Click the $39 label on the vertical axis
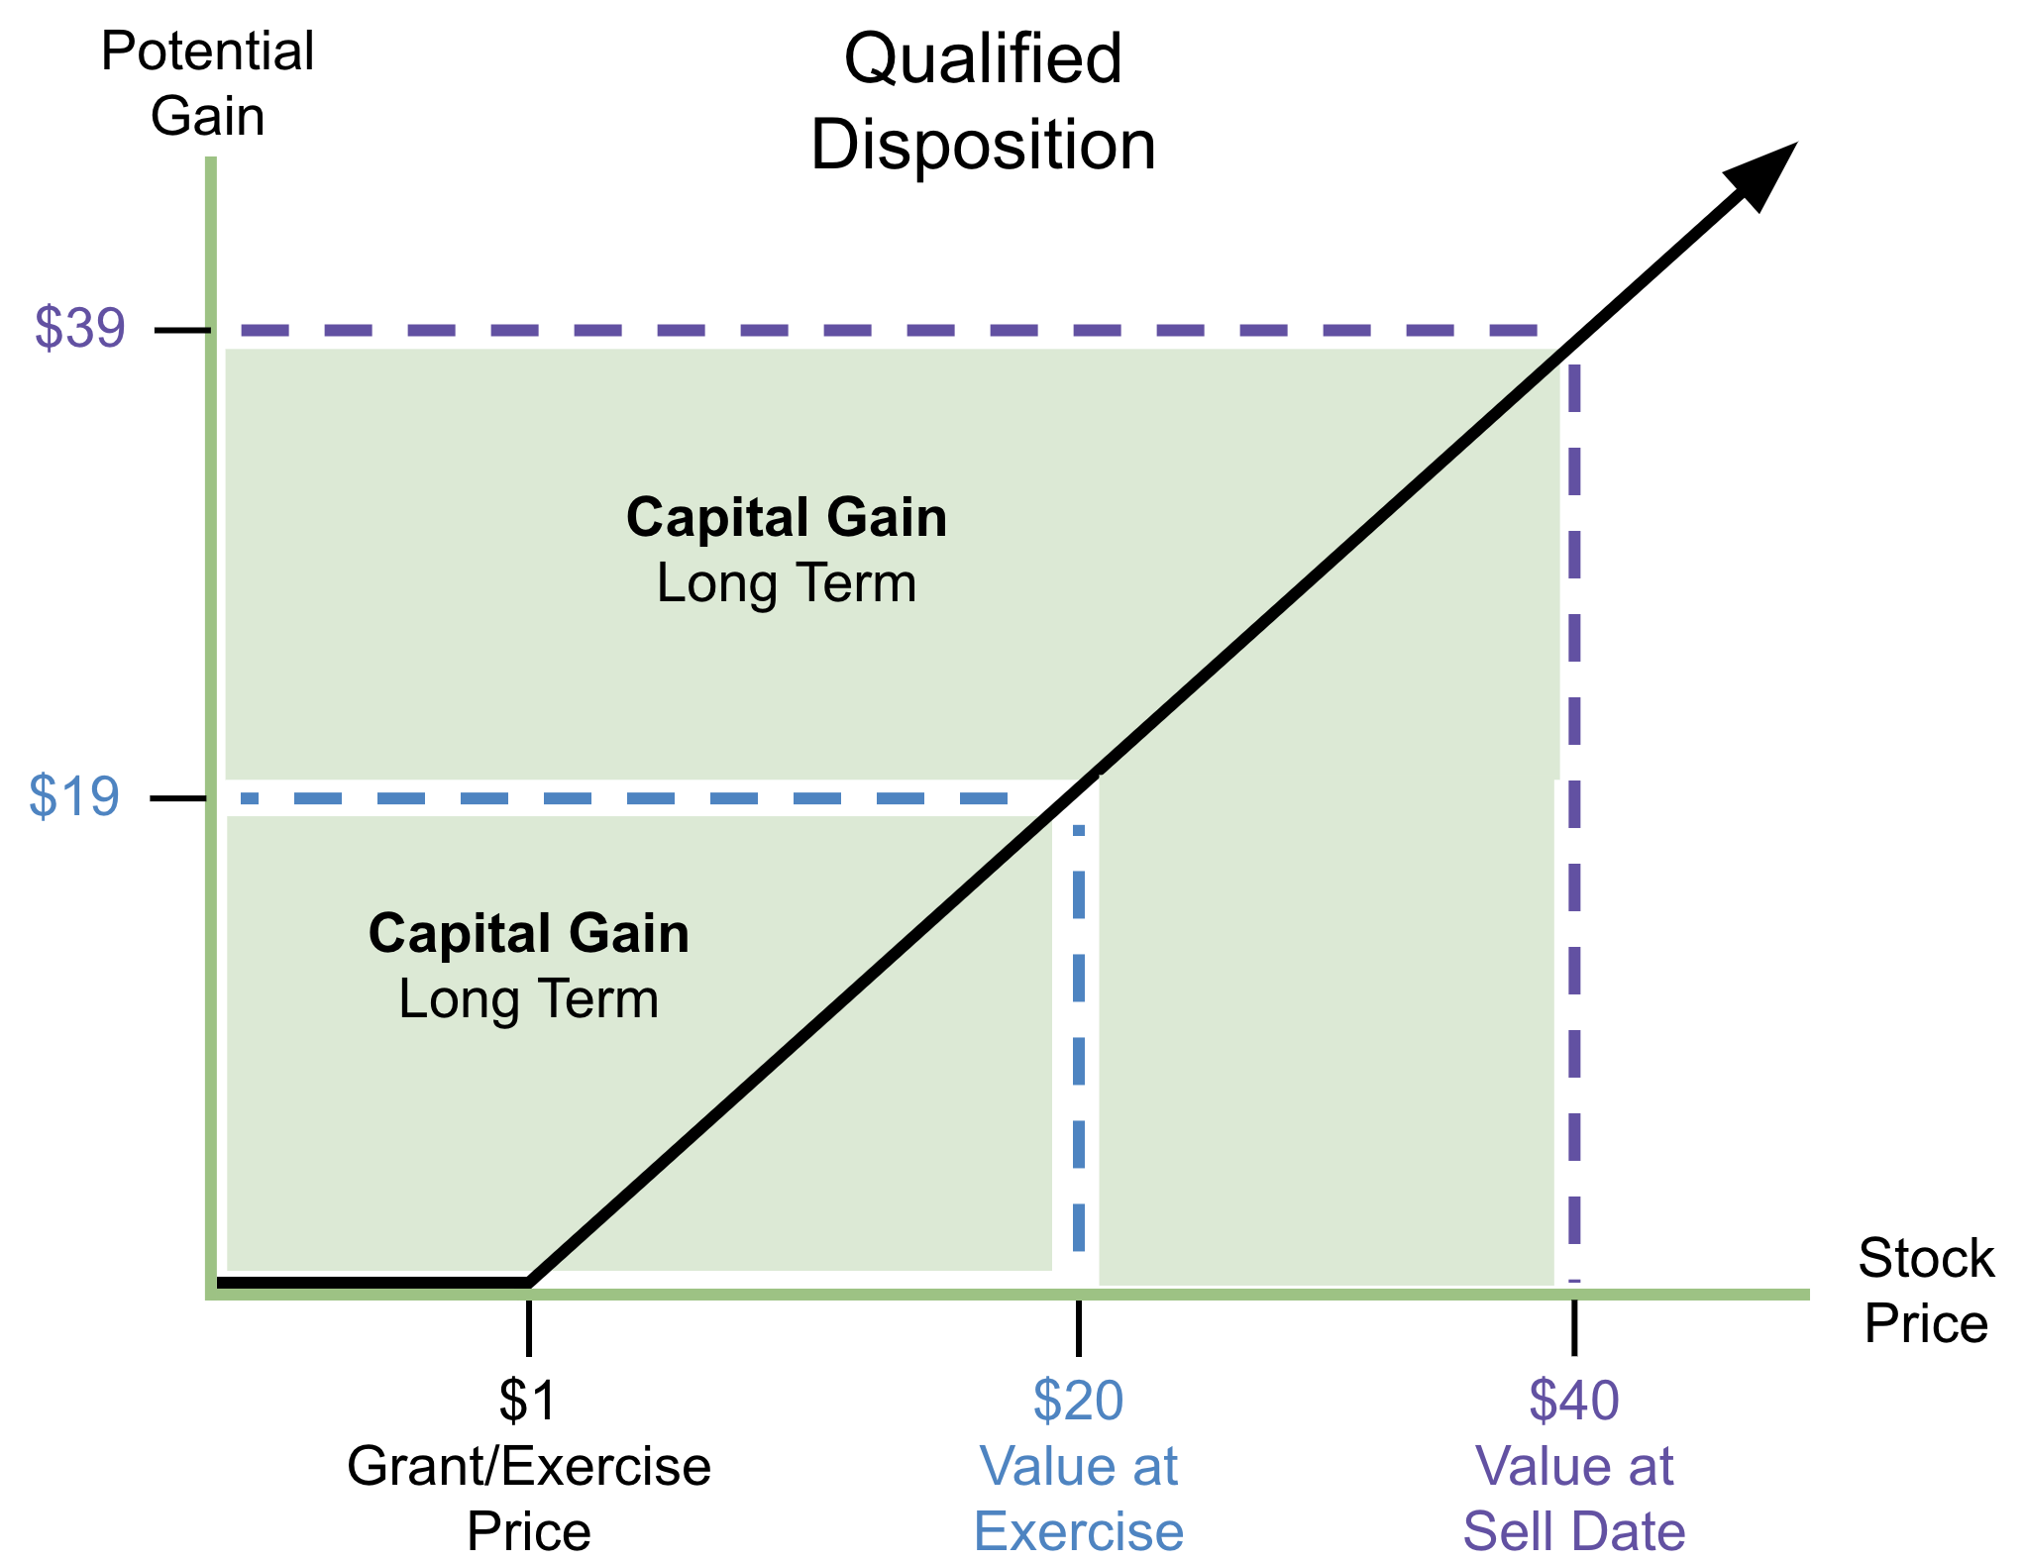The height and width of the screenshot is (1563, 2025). (x=80, y=328)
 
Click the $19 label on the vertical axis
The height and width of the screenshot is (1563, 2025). (x=74, y=795)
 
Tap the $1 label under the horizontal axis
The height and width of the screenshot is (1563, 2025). (x=528, y=1400)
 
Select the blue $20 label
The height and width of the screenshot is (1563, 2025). (x=1078, y=1400)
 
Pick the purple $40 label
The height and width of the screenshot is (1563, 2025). (x=1573, y=1400)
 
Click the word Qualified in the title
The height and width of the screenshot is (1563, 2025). (x=982, y=58)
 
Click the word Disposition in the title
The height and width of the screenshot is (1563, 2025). (x=982, y=145)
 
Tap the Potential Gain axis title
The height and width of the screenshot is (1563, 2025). (x=207, y=83)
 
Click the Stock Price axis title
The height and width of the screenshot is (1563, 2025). (x=1925, y=1291)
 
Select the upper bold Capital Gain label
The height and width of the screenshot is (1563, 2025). (x=786, y=517)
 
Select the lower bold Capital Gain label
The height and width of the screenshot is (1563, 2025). (x=528, y=933)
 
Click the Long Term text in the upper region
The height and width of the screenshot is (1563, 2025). (x=786, y=582)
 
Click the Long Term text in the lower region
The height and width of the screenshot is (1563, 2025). (x=528, y=998)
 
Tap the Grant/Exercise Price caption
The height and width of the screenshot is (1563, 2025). (x=528, y=1498)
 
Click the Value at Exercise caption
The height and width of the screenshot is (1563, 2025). (x=1078, y=1498)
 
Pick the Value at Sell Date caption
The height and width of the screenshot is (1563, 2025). (x=1573, y=1498)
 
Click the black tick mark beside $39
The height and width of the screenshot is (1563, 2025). (x=182, y=329)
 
